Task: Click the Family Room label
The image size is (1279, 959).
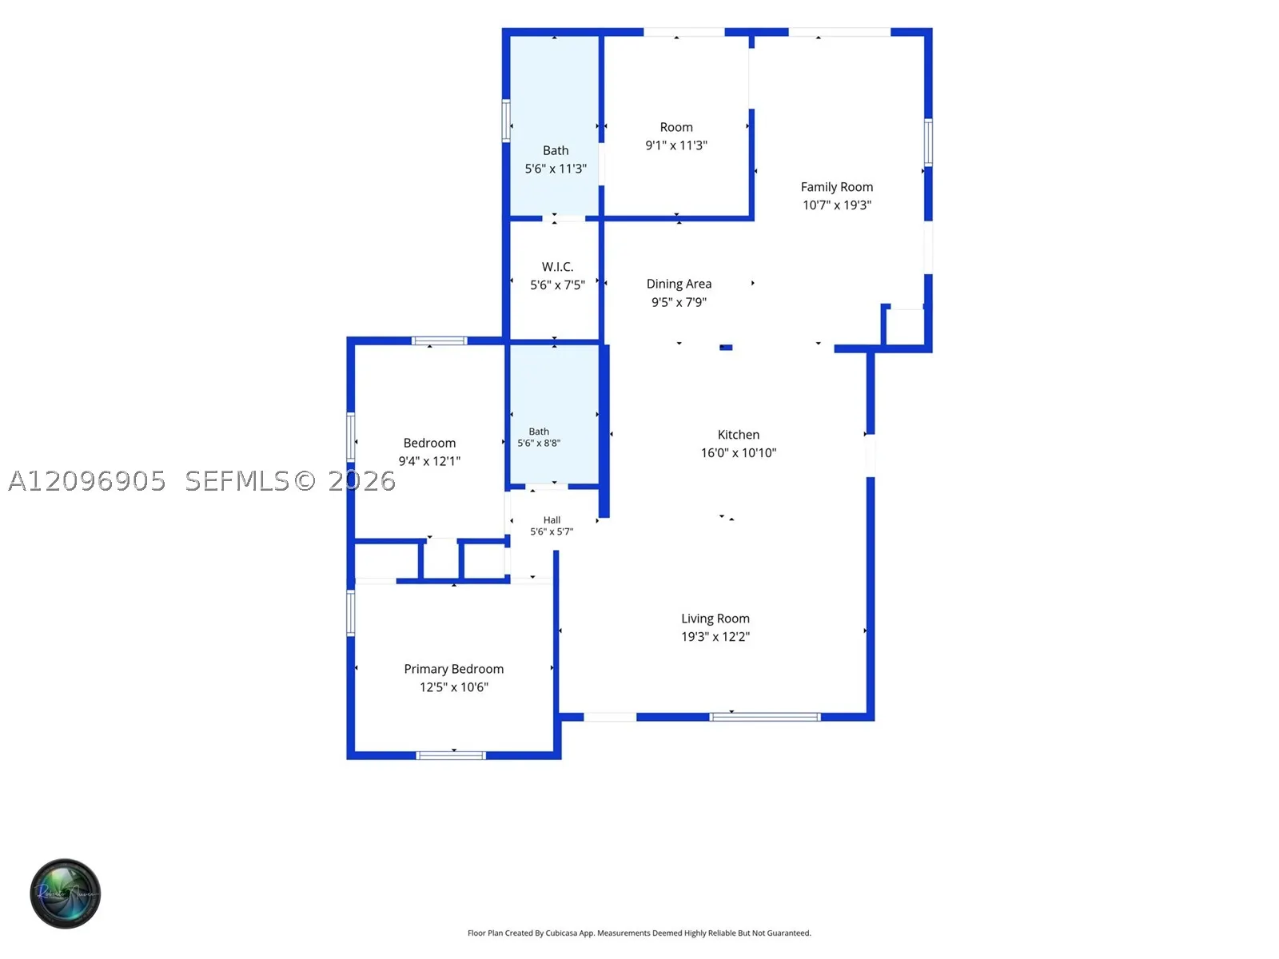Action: tap(836, 187)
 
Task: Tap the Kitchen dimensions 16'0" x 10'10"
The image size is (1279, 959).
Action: tap(739, 452)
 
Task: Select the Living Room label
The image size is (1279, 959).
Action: tap(715, 619)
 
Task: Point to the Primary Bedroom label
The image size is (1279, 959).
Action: tap(453, 669)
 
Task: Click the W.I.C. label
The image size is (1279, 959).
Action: tap(557, 267)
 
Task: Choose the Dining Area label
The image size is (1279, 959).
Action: tap(679, 284)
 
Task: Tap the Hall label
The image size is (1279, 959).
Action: tap(552, 520)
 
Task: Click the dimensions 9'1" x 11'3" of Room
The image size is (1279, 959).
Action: tap(676, 145)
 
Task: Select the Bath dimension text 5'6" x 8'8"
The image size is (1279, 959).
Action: tap(539, 443)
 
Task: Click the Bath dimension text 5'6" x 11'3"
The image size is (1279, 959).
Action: tap(556, 169)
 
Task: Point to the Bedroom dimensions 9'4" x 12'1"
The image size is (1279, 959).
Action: tap(428, 461)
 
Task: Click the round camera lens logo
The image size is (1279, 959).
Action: tap(66, 893)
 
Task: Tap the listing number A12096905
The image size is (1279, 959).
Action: tap(87, 481)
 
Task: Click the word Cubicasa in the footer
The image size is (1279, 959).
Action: tap(561, 933)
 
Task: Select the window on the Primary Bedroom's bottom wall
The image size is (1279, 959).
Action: tap(450, 755)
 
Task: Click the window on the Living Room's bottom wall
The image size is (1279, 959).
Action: tap(764, 717)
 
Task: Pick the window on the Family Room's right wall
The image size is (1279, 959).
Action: tap(927, 142)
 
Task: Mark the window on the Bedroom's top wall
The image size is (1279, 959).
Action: tap(439, 340)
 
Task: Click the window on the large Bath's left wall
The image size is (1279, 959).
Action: tap(506, 121)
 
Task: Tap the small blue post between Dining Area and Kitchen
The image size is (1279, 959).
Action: tap(726, 347)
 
